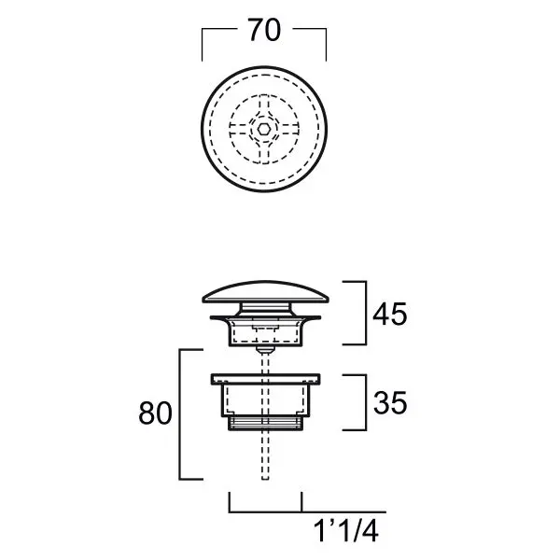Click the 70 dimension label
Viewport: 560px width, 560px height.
pos(264,31)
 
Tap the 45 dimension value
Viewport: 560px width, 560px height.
pos(389,315)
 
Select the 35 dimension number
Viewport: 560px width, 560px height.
pos(390,403)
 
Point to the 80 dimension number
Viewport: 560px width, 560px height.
pos(155,413)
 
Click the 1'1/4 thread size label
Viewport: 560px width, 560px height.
pos(346,531)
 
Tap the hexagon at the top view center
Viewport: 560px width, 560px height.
pos(263,130)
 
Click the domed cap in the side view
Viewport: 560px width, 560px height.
pos(265,292)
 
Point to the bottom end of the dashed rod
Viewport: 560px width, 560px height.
pos(265,480)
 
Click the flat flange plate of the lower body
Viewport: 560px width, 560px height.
pos(265,379)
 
